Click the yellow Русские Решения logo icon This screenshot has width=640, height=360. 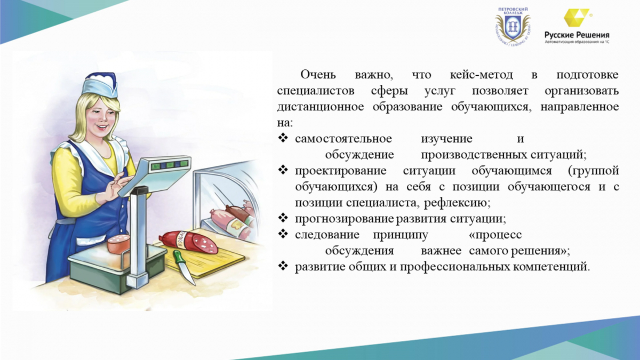tap(577, 18)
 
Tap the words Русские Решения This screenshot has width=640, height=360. tap(577, 35)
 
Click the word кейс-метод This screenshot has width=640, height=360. tap(482, 75)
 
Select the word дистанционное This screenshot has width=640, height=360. tap(321, 107)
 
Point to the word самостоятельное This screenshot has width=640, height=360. tap(343, 139)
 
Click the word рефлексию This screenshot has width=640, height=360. tap(457, 203)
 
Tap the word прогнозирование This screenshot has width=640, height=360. tap(345, 219)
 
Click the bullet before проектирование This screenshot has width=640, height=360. tap(283, 170)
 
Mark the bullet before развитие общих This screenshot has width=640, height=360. tap(283, 267)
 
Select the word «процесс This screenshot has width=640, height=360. tap(495, 235)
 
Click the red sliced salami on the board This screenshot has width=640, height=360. tap(189, 242)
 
